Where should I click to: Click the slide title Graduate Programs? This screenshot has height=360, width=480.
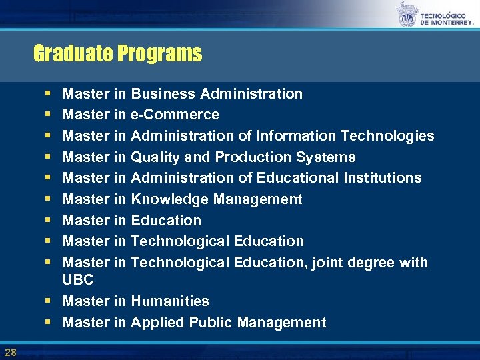pos(117,53)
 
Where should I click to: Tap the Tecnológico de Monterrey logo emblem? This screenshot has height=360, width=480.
pos(406,15)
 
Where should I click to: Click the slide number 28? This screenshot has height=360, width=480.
pos(10,351)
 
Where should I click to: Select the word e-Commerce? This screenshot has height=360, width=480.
pos(175,115)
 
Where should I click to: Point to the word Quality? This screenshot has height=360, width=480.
pos(155,157)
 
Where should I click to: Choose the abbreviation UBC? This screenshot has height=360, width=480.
pos(78,280)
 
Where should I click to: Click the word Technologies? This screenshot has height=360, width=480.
pos(387,136)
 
